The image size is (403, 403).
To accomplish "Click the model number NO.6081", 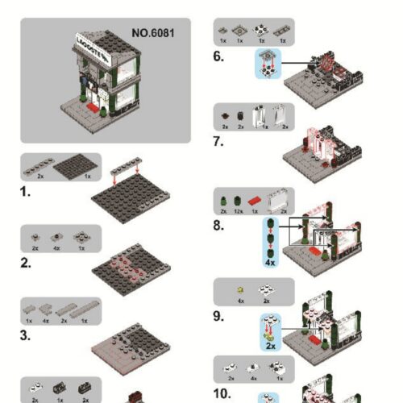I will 152,34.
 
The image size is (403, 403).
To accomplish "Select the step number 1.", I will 25,193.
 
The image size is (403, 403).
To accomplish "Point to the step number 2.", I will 26,263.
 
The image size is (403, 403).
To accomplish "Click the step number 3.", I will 26,336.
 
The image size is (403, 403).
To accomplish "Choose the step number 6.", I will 218,56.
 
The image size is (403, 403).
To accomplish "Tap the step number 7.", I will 218,141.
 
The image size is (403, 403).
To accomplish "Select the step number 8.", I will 218,225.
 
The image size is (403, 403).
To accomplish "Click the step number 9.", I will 218,315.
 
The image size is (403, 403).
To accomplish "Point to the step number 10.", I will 222,394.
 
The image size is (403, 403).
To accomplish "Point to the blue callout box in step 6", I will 266,62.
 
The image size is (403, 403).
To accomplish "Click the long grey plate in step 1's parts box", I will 39,164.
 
